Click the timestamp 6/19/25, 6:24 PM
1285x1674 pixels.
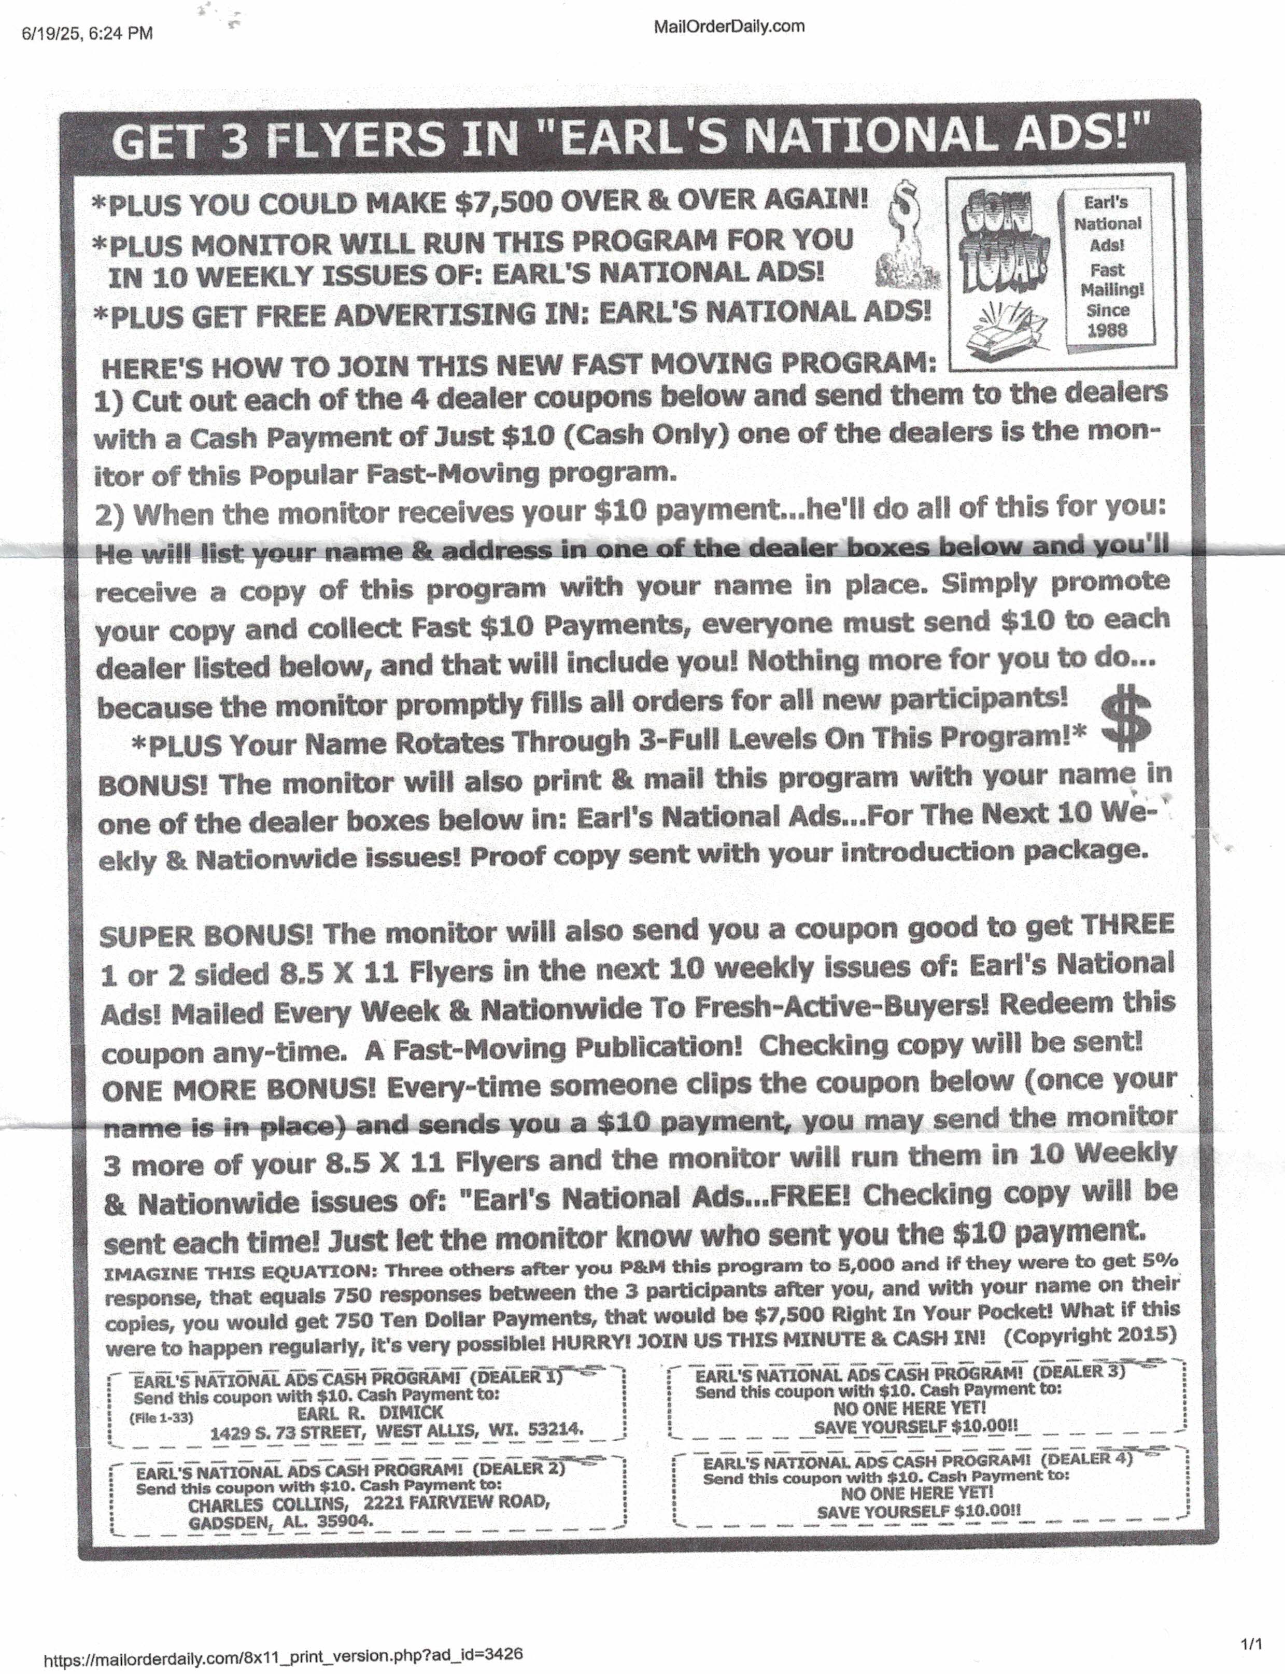point(87,33)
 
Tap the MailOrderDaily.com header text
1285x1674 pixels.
point(728,27)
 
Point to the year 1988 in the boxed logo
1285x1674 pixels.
point(1107,331)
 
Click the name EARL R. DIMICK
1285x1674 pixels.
point(370,1412)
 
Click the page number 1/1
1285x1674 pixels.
point(1251,1643)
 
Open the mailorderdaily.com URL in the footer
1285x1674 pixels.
point(283,1654)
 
